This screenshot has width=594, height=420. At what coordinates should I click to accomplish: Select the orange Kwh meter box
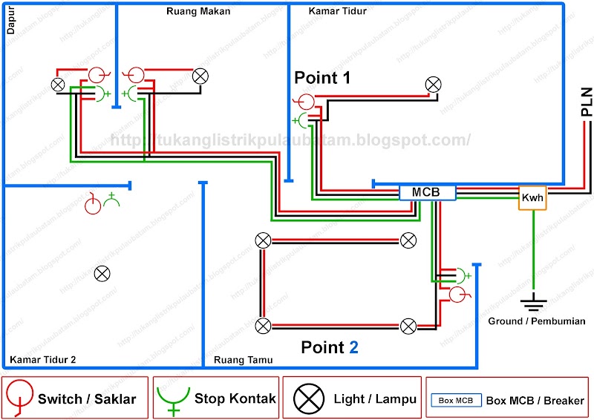point(532,198)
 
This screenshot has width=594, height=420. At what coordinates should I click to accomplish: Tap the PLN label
point(586,102)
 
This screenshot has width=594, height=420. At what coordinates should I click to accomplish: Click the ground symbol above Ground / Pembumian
point(533,302)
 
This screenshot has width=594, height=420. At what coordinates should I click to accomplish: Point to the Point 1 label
point(322,77)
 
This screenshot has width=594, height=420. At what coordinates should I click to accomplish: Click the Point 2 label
point(329,347)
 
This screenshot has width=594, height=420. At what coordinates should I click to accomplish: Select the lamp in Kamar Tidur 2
point(102,274)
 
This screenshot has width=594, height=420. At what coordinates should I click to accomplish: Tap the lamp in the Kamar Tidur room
point(433,85)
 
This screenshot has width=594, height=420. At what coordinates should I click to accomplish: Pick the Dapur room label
point(10,23)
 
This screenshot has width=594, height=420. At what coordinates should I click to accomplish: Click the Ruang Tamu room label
point(243,361)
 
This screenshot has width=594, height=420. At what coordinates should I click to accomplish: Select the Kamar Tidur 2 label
point(42,361)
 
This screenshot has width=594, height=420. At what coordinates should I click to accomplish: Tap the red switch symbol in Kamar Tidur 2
point(92,204)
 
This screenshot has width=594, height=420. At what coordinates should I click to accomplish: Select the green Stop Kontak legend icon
point(174,398)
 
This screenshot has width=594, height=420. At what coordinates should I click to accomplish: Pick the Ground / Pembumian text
point(537,321)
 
